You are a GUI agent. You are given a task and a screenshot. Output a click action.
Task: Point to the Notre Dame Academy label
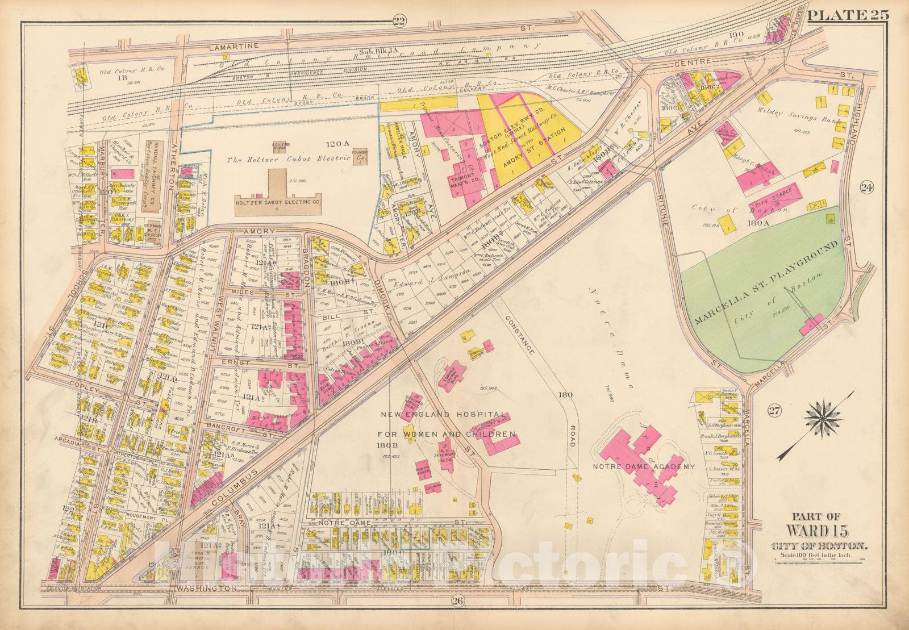coord(644,466)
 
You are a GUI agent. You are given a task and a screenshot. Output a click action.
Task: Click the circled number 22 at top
coord(399,22)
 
